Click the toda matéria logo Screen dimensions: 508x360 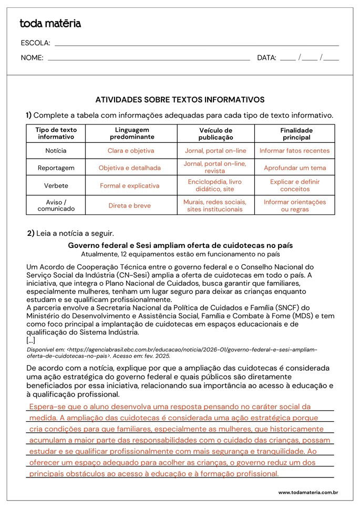(50, 24)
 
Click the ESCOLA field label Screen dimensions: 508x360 (35, 43)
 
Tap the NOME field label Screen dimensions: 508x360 (32, 58)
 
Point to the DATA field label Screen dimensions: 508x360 (266, 58)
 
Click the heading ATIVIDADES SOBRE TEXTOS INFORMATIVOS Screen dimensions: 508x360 (180, 99)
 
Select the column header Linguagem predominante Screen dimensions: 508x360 (132, 133)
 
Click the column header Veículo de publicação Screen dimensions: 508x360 (215, 134)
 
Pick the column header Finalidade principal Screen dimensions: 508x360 (296, 133)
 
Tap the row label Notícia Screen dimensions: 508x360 (56, 151)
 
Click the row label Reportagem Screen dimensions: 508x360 (56, 168)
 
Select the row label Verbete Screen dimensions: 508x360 (56, 185)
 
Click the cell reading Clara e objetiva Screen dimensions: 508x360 (131, 151)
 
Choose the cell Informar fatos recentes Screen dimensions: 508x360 (295, 151)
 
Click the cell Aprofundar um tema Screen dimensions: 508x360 (295, 168)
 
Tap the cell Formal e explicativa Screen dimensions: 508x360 (130, 185)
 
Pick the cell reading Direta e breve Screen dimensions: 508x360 (130, 205)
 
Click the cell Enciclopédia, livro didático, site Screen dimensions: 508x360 (214, 185)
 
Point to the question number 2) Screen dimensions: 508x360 (30, 233)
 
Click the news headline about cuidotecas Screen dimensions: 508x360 (180, 245)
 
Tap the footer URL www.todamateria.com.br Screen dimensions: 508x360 (308, 493)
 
